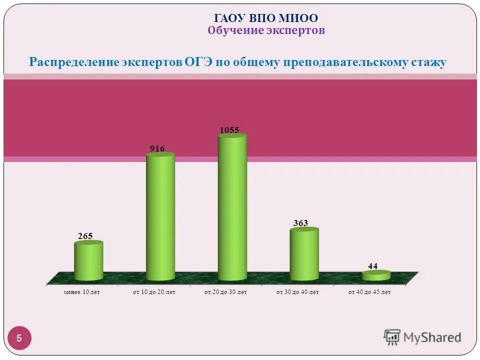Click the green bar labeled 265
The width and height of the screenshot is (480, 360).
pos(88,261)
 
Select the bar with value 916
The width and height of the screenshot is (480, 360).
pos(160,217)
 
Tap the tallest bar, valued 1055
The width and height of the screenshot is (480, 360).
pos(232,207)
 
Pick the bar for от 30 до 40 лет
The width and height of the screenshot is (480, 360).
pos(304,255)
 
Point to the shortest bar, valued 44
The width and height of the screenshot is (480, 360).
pos(376,275)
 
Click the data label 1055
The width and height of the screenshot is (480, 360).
pos(229,130)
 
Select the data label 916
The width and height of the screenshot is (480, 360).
pos(157,148)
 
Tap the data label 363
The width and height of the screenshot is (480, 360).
pos(300,223)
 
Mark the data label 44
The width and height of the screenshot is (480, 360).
pos(372,266)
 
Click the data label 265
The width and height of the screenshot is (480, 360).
pos(85,236)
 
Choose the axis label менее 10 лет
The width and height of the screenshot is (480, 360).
pos(82,292)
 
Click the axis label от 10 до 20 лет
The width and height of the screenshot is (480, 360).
pos(154,292)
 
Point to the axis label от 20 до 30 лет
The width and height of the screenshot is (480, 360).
pos(225,292)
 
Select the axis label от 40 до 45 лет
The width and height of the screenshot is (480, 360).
pos(369,292)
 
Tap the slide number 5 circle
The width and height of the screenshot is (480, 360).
pos(19,338)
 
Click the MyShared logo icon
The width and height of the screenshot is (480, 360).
pos(392,337)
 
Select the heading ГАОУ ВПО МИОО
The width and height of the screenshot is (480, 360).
pos(266,18)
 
